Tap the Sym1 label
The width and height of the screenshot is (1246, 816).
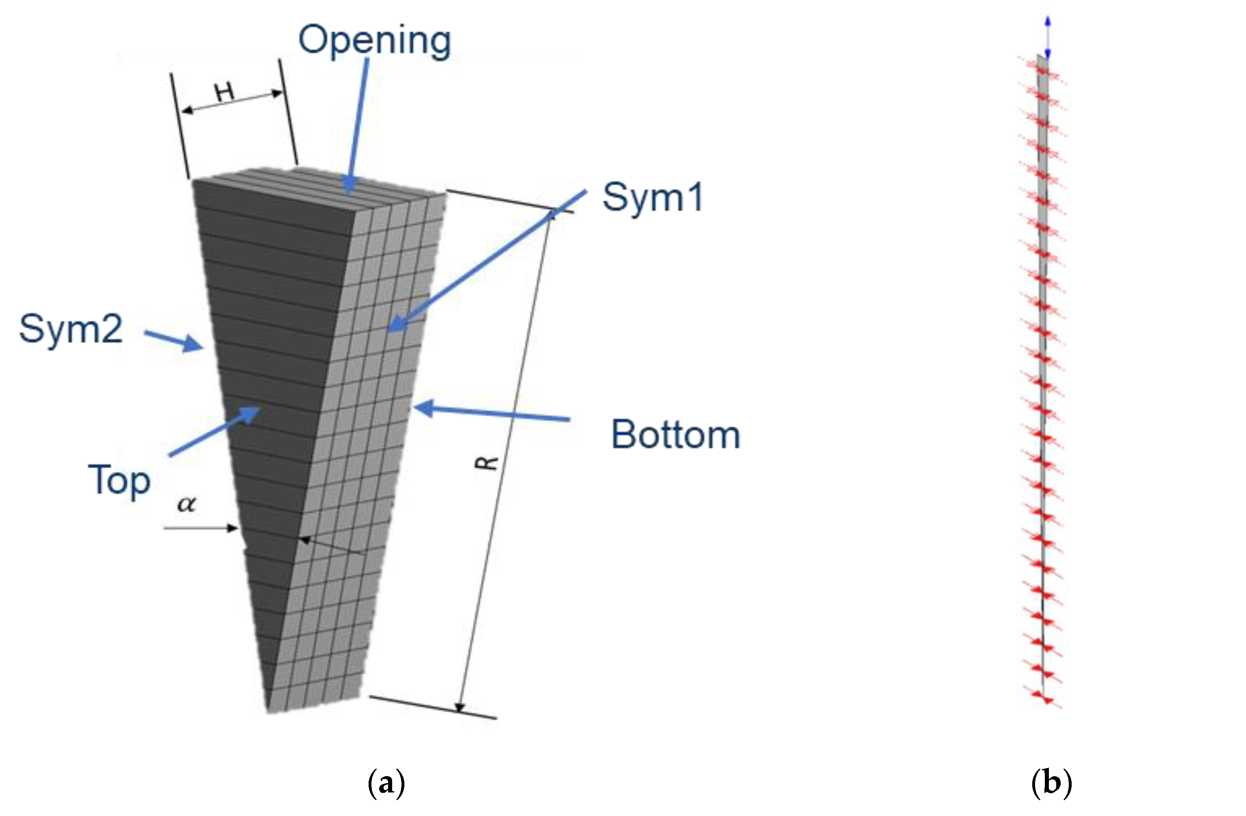652,197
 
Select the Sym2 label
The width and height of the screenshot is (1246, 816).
71,329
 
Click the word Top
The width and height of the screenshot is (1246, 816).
119,480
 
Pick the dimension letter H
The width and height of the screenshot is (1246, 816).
225,93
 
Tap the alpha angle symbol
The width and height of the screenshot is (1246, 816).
187,504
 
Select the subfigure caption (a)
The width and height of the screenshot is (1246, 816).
386,783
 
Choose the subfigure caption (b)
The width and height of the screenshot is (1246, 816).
1051,783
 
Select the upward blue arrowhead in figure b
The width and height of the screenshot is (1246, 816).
1048,21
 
